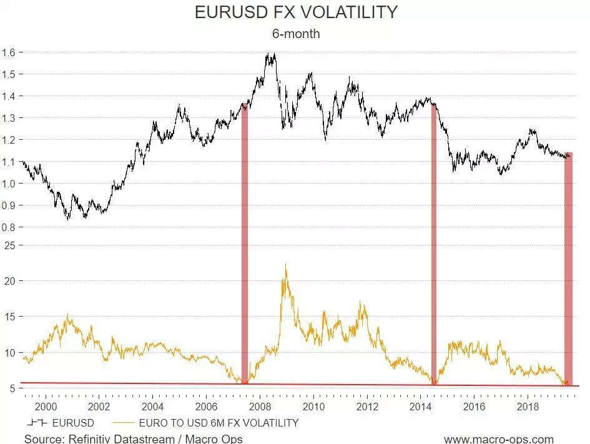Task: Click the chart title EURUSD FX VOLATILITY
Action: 296,12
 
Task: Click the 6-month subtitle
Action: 296,34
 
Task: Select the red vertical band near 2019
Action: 568,269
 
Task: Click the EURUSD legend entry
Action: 62,423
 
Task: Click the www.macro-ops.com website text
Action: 499,438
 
